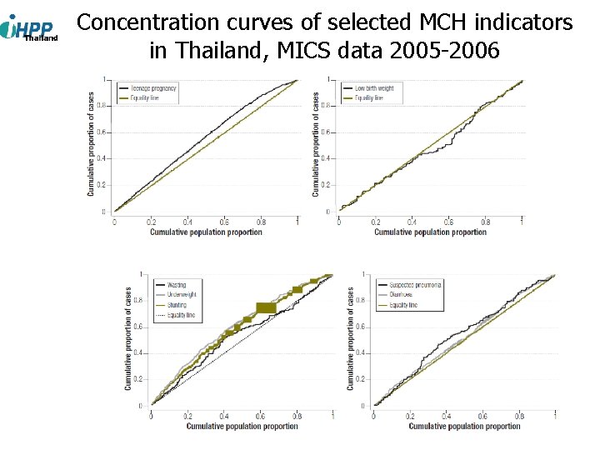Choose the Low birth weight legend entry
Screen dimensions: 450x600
tap(373, 88)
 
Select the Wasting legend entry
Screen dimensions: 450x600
tap(176, 285)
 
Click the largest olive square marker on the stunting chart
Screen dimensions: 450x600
tap(266, 308)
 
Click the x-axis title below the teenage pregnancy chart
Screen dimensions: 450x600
tap(206, 232)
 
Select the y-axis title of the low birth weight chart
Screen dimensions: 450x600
tap(315, 144)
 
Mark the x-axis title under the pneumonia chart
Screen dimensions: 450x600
tap(464, 427)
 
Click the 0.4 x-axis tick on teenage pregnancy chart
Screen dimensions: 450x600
tap(187, 222)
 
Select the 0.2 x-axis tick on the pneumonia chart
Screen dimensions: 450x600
tap(409, 416)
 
